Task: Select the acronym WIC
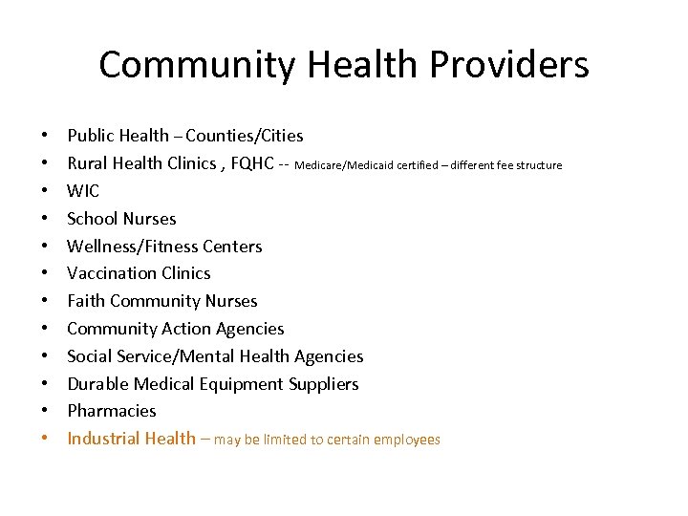point(83,191)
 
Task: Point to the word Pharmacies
point(112,411)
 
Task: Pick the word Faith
point(86,301)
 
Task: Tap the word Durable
point(97,384)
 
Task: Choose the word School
point(92,219)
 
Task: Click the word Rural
point(88,163)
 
